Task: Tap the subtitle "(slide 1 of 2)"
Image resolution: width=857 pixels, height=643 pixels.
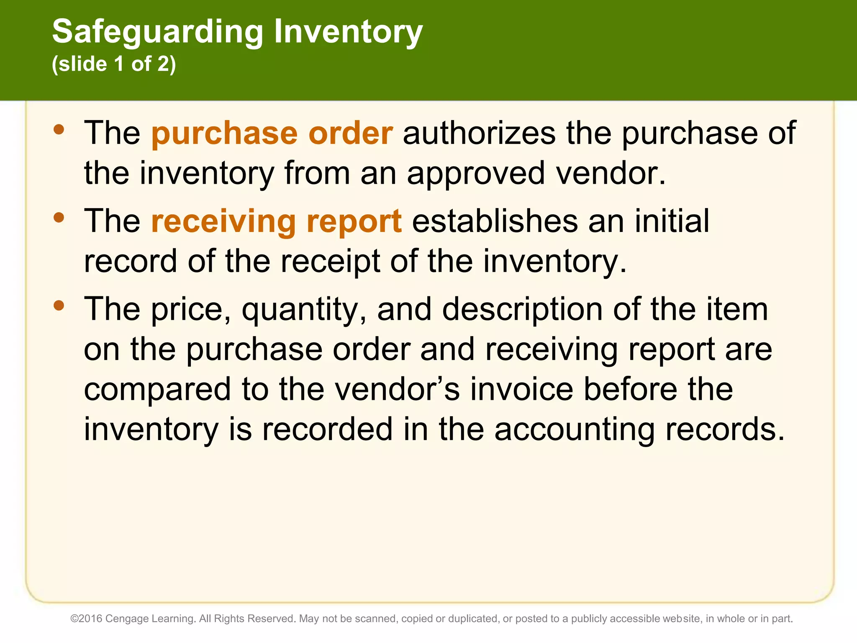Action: (114, 64)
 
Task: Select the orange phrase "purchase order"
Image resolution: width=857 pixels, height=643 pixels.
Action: (272, 133)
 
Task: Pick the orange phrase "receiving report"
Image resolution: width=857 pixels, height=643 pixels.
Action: (276, 221)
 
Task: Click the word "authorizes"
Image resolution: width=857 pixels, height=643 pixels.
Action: (479, 133)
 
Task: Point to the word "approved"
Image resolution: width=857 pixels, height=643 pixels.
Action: (476, 173)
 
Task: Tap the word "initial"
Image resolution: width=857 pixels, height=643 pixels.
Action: (672, 221)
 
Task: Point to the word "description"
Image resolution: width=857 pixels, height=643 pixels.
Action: (522, 309)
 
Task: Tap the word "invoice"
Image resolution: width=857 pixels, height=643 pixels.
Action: (521, 389)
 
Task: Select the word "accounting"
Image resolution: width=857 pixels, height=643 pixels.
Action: (574, 430)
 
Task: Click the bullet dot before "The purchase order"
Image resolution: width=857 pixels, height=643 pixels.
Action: (59, 129)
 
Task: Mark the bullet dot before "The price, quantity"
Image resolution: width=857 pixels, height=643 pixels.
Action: (59, 305)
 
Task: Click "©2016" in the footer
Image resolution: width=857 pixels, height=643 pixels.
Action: (86, 619)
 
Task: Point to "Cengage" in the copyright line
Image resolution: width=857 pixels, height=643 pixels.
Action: (123, 619)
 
